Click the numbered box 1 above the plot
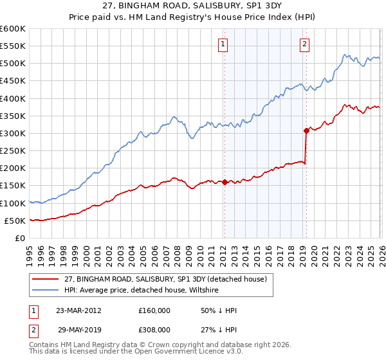click(x=223, y=44)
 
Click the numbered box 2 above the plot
click(x=304, y=44)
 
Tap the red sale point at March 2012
click(x=225, y=182)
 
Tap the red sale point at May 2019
click(x=306, y=130)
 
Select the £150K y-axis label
click(x=13, y=185)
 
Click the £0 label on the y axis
click(x=19, y=238)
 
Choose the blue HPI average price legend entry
click(x=142, y=291)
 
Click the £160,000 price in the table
click(x=154, y=310)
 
